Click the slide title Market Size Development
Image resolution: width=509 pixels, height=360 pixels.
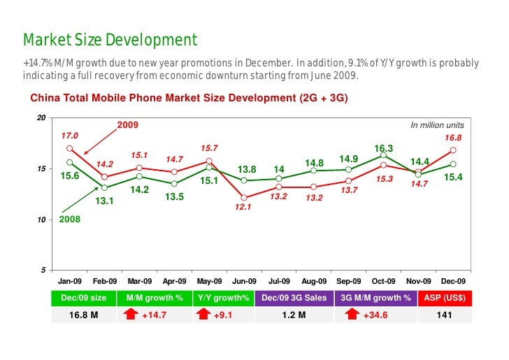tap(110, 40)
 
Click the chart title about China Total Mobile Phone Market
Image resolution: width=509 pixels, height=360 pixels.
tap(188, 98)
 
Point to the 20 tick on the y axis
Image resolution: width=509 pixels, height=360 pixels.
tap(41, 118)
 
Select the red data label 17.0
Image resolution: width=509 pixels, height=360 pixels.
tap(70, 135)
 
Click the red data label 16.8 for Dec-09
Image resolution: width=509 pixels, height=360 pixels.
tap(453, 138)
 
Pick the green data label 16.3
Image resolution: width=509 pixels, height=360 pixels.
tap(384, 148)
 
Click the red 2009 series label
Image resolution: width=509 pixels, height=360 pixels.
tap(127, 125)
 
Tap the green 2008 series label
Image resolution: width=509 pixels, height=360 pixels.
tap(70, 219)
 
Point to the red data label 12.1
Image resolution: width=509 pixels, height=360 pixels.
tap(243, 207)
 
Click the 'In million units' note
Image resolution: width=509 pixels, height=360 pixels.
tap(436, 125)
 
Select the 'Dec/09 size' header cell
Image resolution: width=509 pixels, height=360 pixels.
tap(84, 298)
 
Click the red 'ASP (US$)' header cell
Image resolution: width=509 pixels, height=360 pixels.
tap(443, 298)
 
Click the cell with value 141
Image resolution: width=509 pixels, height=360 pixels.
tap(443, 315)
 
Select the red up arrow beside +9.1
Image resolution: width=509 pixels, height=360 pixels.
tap(203, 315)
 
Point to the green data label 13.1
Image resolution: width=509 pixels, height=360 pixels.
tap(105, 203)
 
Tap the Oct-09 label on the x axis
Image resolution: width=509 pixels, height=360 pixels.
tap(384, 282)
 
